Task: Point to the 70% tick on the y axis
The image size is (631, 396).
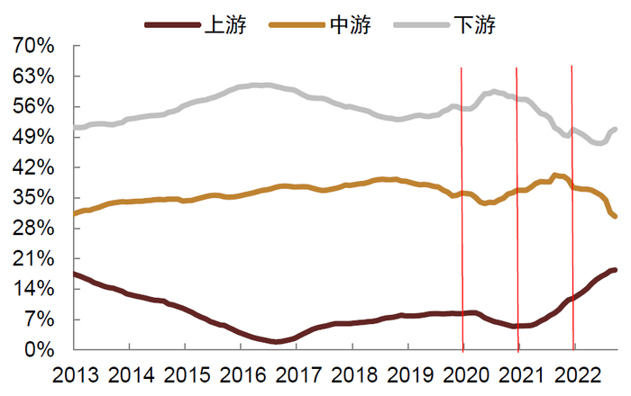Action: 34,46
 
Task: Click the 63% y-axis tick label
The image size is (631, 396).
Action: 34,76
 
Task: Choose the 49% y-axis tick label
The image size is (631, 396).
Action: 34,137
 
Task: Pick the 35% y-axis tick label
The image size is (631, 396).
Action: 34,198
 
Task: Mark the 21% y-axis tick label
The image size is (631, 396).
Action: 34,258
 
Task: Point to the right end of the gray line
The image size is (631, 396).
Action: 615,130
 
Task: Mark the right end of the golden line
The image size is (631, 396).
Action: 615,216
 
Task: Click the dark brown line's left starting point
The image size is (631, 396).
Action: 74,274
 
